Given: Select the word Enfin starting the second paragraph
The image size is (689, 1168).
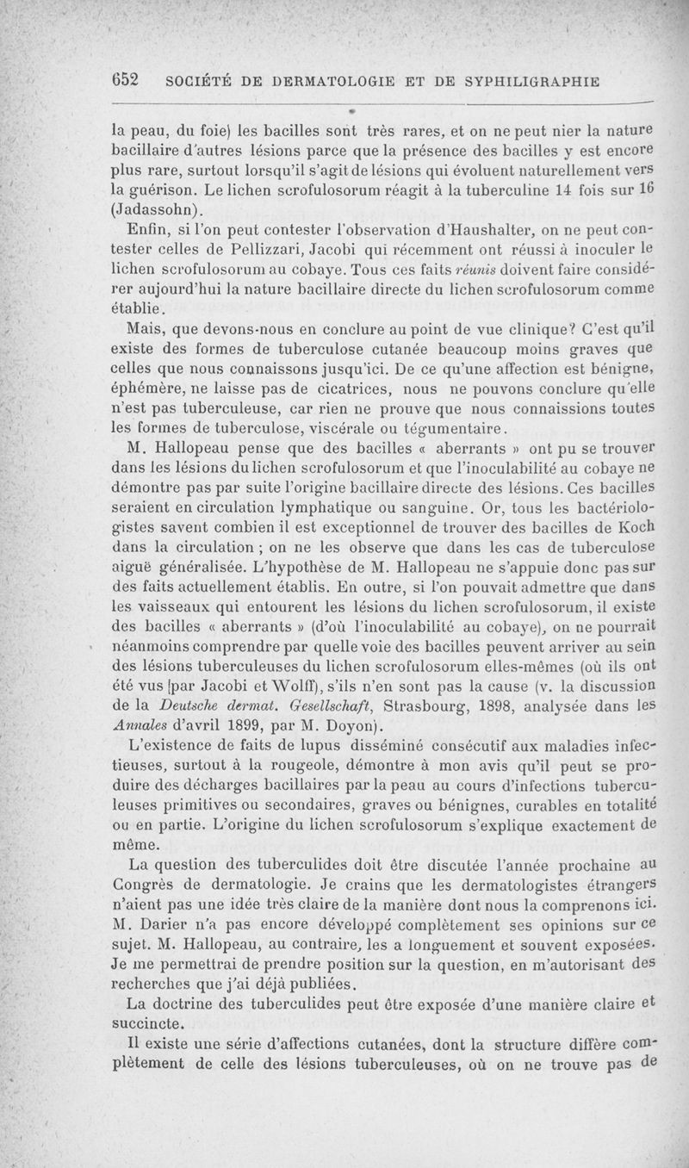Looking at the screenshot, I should [x=148, y=228].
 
